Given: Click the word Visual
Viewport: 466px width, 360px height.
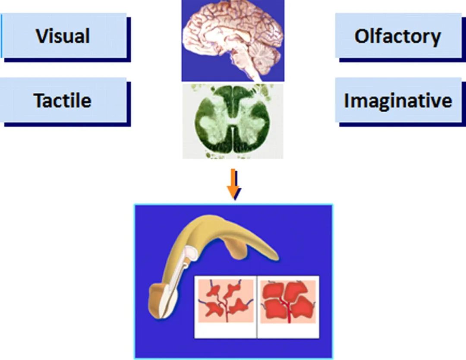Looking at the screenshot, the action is tap(63, 36).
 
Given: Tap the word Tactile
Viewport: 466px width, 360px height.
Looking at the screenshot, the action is tap(63, 100).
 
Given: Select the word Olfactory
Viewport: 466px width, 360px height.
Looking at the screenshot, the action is tap(398, 37).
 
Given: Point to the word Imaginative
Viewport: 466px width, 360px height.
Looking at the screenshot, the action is tap(398, 101).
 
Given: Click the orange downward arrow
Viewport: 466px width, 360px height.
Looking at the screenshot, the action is tap(233, 184).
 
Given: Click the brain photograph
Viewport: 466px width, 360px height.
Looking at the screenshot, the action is tap(233, 41).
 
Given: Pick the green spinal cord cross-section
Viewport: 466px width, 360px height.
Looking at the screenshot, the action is tap(233, 121).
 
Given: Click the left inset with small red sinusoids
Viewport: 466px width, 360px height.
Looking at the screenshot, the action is tap(226, 300).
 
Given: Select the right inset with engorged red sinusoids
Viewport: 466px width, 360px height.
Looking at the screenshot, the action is tap(288, 301).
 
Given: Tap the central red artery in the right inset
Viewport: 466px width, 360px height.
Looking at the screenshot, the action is tap(288, 309).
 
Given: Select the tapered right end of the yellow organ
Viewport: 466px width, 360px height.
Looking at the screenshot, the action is tap(272, 252).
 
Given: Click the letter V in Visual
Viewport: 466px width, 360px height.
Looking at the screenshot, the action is tap(42, 36).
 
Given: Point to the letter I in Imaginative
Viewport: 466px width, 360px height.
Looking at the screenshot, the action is tap(346, 101).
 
